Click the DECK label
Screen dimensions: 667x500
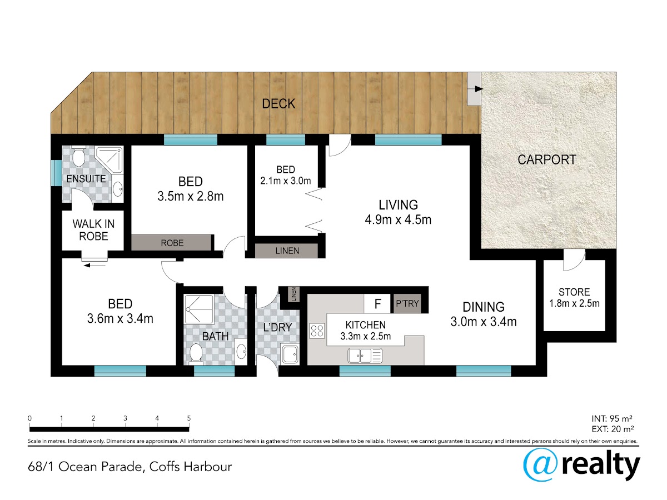[278, 104]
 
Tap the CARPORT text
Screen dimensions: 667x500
[547, 159]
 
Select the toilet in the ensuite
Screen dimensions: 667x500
[79, 156]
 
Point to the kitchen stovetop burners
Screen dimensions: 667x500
[317, 331]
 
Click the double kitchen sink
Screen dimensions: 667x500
[365, 356]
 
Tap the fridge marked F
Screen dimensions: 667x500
[377, 303]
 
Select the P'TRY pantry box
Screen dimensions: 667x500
[407, 303]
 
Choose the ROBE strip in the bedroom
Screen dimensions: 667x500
[171, 243]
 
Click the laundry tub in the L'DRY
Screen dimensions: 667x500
[290, 354]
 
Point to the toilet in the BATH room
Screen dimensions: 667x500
[196, 353]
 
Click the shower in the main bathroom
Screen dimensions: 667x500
[199, 309]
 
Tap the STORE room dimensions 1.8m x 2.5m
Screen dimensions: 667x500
[574, 303]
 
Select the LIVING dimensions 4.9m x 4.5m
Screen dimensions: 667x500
[398, 219]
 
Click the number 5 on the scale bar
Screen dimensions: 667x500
[188, 418]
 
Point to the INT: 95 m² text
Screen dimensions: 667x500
[612, 419]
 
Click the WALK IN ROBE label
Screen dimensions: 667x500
[93, 230]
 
